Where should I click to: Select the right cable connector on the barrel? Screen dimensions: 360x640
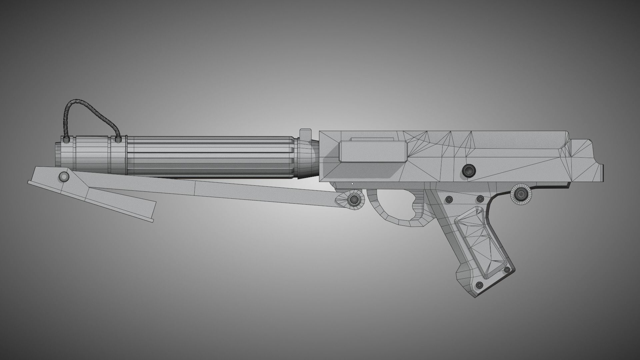118,139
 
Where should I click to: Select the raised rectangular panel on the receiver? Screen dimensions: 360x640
373,152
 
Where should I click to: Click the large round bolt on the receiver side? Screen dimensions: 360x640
469,171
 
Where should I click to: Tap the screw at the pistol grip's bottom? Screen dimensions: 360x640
479,285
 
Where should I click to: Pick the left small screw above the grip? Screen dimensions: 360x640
450,199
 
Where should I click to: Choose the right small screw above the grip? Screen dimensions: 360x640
480,199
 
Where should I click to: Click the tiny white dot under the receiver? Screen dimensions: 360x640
352,183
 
